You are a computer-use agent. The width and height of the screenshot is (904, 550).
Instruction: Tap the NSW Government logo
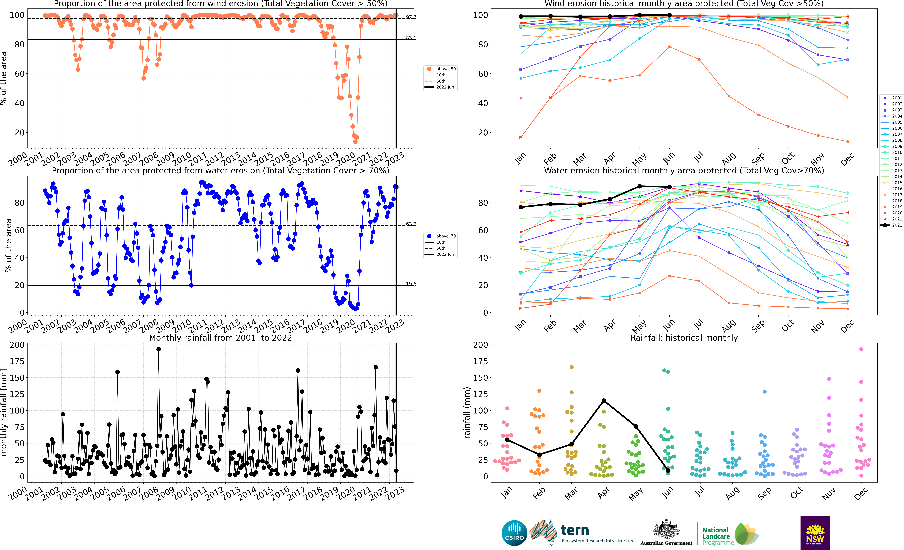click(815, 533)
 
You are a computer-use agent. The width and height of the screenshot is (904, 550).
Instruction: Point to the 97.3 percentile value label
click(411, 17)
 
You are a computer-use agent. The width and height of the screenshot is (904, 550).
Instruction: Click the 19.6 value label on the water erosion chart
click(411, 284)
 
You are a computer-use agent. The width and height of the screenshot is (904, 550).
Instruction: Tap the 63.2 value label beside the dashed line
click(411, 224)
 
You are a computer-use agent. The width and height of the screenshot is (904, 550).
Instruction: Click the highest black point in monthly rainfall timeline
click(158, 349)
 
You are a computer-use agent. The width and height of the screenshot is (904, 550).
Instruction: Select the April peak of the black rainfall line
click(604, 401)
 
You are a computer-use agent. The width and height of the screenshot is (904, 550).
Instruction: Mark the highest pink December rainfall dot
click(861, 349)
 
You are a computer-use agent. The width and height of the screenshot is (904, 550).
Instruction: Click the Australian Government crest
click(666, 529)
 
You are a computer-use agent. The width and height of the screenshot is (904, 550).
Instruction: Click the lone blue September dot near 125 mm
click(765, 392)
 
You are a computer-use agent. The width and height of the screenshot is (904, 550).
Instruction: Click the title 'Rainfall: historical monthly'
click(684, 338)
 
